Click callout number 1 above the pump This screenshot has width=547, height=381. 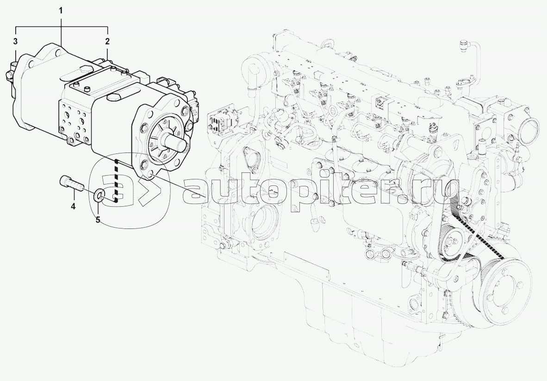61,11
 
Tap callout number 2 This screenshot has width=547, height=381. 107,41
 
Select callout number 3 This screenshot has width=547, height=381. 15,41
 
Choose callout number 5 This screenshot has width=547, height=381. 98,220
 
